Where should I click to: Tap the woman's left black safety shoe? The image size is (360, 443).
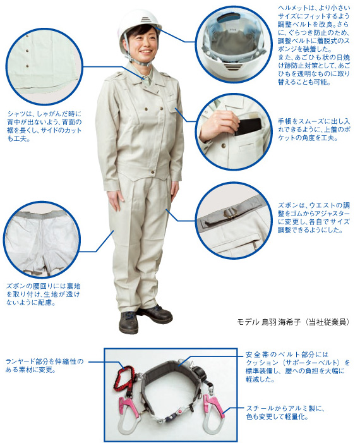pyautogui.click(x=154, y=314)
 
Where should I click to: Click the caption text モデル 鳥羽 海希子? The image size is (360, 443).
pyautogui.click(x=269, y=322)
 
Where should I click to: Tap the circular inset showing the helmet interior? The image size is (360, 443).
pyautogui.click(x=234, y=44)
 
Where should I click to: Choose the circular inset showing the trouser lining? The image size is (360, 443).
pyautogui.click(x=42, y=239)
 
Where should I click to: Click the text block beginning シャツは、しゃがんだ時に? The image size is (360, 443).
pyautogui.click(x=44, y=126)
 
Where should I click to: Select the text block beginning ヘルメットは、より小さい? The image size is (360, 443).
pyautogui.click(x=314, y=45)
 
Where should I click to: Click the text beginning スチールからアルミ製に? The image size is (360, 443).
pyautogui.click(x=285, y=412)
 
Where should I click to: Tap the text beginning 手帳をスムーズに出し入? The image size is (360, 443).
pyautogui.click(x=314, y=130)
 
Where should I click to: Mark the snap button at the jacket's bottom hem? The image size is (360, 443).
pyautogui.click(x=153, y=172)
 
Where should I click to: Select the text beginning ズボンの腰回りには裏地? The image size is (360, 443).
pyautogui.click(x=43, y=294)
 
